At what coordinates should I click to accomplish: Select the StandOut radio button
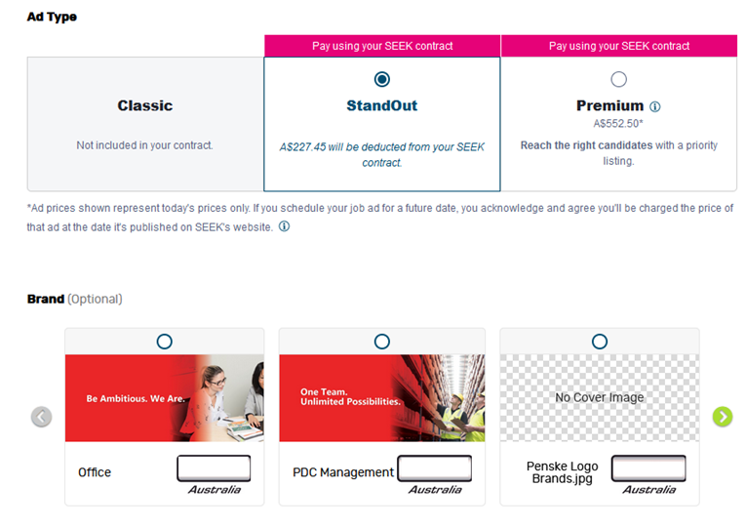coord(381,79)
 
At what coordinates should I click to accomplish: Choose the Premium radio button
coord(618,79)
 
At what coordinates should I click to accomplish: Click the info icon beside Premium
coord(655,106)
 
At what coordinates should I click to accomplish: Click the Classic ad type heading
coord(145,105)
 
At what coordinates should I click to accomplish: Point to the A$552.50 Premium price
coord(618,124)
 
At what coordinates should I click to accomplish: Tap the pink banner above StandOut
coord(382,46)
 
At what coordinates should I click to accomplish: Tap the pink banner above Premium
coord(619,46)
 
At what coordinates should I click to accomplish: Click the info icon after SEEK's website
coord(284,226)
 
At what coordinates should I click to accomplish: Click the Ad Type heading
coord(52,17)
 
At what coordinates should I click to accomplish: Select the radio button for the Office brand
coord(164,342)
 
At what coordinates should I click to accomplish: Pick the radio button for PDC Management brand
coord(381,342)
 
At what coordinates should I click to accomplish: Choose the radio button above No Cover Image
coord(600,342)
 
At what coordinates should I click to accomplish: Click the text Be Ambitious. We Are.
coord(136,398)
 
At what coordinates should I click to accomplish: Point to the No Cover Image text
coord(600,397)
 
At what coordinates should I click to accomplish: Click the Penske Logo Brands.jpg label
coord(563,472)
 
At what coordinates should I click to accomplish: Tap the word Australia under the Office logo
coord(215,489)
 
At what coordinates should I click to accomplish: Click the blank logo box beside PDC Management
coord(434,468)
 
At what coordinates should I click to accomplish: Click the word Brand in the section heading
coord(46,299)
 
